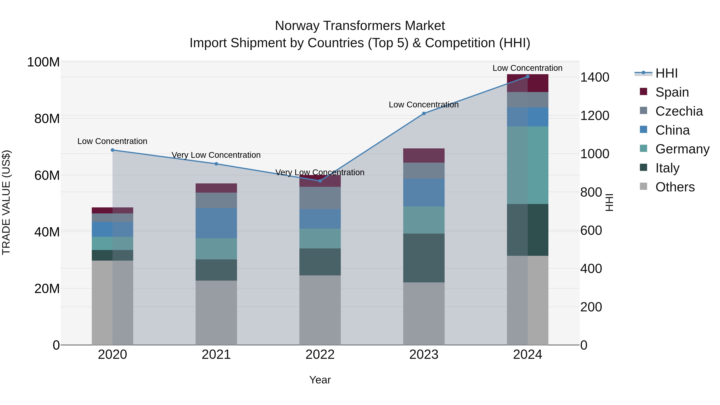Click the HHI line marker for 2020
point(112,150)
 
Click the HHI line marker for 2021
point(216,164)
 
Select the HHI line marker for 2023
point(424,113)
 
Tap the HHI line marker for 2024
point(527,77)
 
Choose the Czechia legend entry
point(679,111)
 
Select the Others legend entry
point(675,187)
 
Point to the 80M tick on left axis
point(47,119)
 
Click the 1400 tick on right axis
point(595,77)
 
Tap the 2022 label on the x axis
point(320,355)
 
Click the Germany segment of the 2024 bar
point(527,165)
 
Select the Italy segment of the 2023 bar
point(424,258)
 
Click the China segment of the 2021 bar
point(216,223)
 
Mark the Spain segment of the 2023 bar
point(424,155)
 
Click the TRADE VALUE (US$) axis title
point(6,202)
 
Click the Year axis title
point(320,380)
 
